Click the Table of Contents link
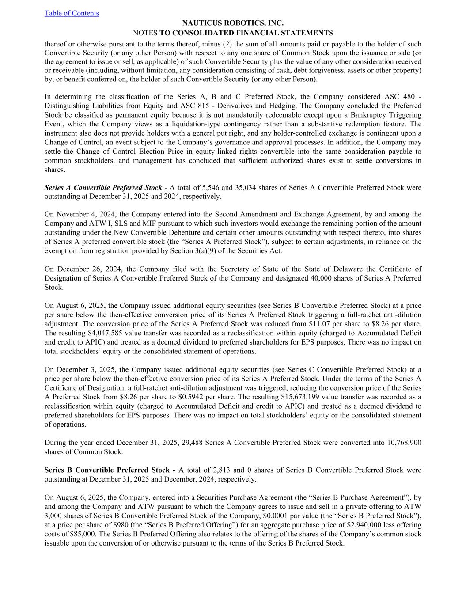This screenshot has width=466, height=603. click(72, 13)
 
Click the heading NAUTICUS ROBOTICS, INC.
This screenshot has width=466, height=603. click(233, 23)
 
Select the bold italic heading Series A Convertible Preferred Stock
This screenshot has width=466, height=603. click(103, 187)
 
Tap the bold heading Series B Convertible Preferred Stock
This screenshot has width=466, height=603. click(107, 470)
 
